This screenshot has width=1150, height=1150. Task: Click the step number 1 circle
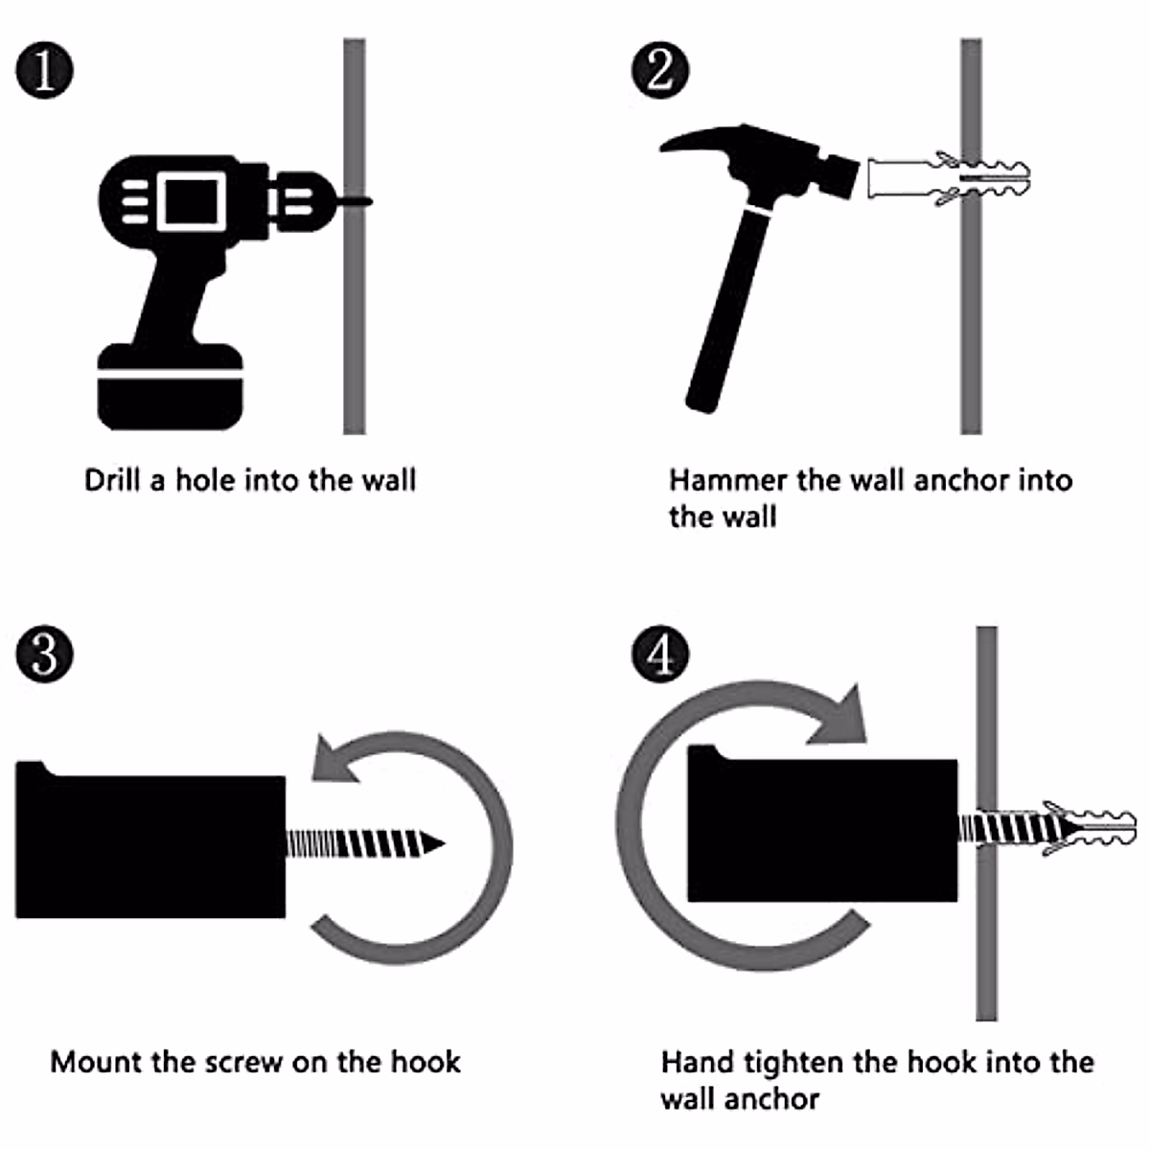click(x=45, y=70)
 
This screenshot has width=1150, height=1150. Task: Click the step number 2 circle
click(x=660, y=70)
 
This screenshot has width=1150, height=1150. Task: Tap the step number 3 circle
click(x=45, y=655)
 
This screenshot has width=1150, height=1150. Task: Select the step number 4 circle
click(x=660, y=655)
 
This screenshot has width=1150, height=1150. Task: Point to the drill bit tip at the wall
click(x=370, y=201)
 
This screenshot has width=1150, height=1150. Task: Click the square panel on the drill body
click(x=192, y=201)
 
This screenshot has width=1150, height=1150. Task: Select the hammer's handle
click(x=729, y=310)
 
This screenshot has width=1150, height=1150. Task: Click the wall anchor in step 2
click(x=949, y=179)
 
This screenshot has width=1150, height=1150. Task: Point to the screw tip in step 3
click(x=443, y=844)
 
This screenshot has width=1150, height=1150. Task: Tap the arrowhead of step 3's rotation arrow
click(x=335, y=760)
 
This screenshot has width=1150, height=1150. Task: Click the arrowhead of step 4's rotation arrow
click(x=839, y=716)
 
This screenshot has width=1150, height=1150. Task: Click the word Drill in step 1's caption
click(x=110, y=480)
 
